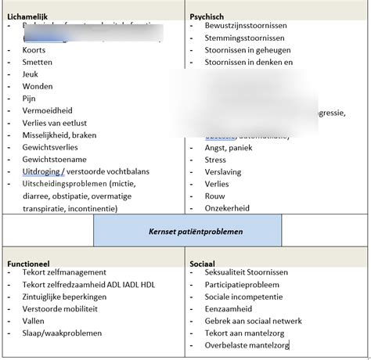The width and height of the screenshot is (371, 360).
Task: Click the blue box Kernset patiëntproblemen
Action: click(x=186, y=232)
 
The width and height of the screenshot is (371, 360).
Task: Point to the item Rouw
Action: click(x=216, y=196)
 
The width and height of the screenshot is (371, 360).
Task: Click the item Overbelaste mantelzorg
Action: click(x=247, y=345)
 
